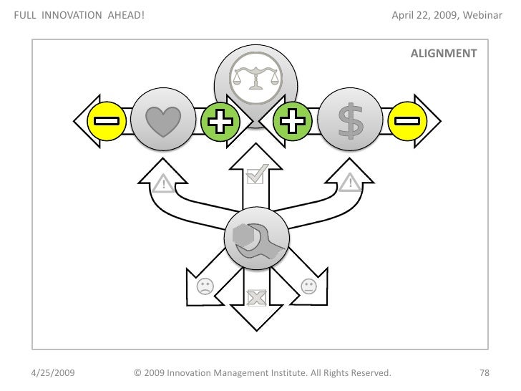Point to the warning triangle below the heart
pyautogui.click(x=163, y=184)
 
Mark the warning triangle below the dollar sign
pyautogui.click(x=349, y=184)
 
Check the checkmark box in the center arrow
pyautogui.click(x=255, y=173)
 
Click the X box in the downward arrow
pyautogui.click(x=255, y=297)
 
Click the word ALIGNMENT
pyautogui.click(x=444, y=54)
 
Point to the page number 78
pyautogui.click(x=484, y=373)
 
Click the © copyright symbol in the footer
pyautogui.click(x=139, y=373)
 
